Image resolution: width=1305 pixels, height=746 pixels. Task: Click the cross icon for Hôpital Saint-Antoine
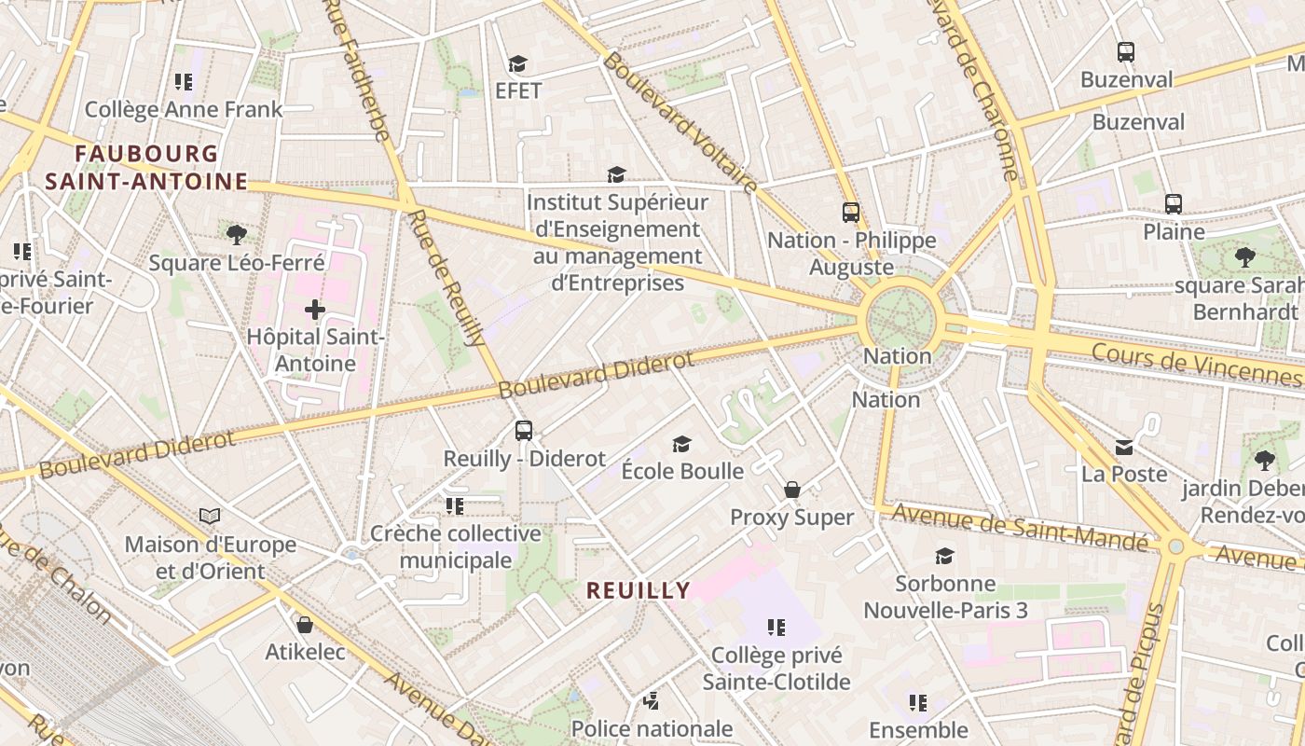point(315,309)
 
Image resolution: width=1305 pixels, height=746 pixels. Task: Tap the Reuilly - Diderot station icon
point(524,431)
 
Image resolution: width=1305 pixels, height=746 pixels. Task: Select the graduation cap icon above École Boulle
point(682,444)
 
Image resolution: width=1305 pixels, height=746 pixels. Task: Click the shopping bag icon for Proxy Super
point(792,490)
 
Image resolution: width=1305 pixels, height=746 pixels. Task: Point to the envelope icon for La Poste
point(1124,448)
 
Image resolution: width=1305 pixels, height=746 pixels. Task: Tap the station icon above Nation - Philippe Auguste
point(851,213)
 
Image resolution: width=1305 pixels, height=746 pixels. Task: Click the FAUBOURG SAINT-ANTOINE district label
point(146,167)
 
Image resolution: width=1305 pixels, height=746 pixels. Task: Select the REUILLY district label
point(639,589)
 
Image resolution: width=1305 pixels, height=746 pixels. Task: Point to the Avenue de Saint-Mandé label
point(1020,528)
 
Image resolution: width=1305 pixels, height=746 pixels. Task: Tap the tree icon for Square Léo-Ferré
point(237,234)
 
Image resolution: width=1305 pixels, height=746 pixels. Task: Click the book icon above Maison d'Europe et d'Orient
point(211,516)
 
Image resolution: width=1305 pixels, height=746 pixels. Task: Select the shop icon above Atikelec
point(304,625)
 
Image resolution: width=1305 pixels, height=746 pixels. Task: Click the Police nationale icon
point(652,700)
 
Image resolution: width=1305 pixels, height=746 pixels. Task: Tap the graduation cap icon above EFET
point(517,63)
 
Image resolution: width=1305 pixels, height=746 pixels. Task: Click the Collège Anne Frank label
point(184,109)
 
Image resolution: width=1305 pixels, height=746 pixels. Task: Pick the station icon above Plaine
point(1174,203)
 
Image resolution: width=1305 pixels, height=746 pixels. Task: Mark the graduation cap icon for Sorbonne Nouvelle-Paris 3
point(944,556)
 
